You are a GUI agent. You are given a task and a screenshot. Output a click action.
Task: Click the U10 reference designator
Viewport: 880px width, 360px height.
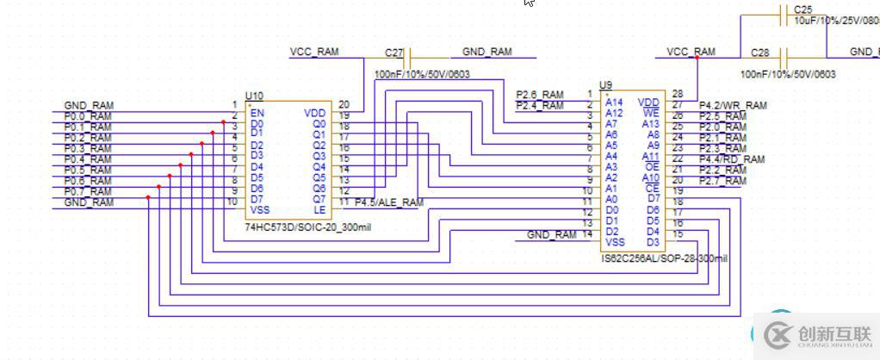pos(254,95)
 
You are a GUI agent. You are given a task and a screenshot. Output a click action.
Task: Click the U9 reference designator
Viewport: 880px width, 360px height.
pos(606,84)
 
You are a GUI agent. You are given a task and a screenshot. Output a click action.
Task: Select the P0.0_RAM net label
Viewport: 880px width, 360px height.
pos(88,116)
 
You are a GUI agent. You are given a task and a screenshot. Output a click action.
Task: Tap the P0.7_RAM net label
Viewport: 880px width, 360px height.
pos(88,191)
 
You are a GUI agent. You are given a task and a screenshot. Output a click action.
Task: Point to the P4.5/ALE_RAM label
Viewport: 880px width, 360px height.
pos(389,202)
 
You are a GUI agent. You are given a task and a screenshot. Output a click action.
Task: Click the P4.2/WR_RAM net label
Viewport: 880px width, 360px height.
pos(732,105)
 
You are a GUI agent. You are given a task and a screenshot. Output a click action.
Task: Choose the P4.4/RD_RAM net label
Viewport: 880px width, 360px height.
pos(731,159)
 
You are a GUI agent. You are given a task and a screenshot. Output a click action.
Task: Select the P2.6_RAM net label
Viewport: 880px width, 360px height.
pos(540,95)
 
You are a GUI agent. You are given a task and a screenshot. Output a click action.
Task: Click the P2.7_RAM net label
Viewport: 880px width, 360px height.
pos(722,181)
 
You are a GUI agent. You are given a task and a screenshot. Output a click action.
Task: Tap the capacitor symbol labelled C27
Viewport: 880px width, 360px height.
pos(408,58)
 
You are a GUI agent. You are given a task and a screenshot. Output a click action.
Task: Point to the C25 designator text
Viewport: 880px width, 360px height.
pos(803,9)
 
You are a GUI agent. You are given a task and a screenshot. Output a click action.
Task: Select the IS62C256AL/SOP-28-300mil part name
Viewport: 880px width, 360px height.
pos(664,258)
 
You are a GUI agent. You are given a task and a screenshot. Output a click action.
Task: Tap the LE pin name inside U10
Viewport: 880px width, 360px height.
pos(319,210)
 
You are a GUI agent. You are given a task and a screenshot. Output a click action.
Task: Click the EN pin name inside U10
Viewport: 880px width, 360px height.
pos(256,113)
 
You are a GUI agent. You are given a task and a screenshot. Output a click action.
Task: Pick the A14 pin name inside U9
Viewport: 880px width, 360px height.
pos(614,102)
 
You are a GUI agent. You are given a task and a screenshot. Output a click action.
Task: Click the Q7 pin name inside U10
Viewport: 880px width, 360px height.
pos(319,199)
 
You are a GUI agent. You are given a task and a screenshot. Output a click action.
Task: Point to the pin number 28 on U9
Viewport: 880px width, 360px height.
pos(677,94)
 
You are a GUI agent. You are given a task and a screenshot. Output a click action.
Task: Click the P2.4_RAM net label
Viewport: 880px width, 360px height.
pos(540,106)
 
